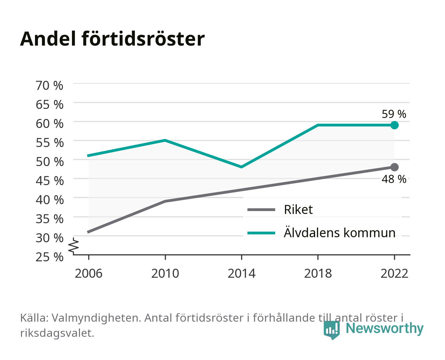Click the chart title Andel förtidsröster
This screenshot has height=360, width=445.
112,39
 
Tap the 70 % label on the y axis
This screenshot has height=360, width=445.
49,86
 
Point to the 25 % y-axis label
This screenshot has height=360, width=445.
49,257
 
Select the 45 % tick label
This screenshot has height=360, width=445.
50,181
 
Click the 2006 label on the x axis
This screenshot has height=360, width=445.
89,273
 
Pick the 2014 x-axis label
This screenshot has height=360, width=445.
241,273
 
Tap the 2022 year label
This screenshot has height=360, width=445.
394,273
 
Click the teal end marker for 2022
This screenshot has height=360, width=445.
394,125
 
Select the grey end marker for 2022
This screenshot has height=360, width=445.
394,167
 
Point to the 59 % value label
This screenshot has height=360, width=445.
394,114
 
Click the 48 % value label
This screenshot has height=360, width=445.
394,179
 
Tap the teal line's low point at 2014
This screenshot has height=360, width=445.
241,167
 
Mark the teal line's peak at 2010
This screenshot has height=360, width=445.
165,140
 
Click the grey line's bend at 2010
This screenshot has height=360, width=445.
165,201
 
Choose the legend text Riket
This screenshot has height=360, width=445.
298,209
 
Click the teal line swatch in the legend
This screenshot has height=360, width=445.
261,233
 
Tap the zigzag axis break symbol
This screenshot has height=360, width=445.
74,246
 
